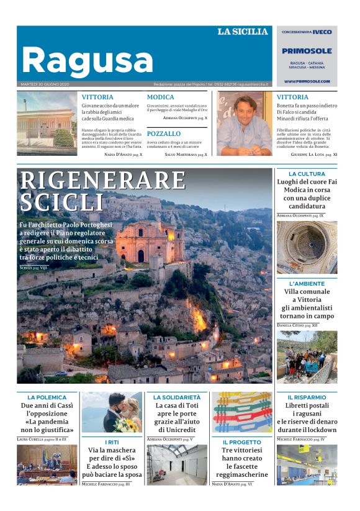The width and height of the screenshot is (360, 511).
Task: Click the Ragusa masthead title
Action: (x=87, y=60)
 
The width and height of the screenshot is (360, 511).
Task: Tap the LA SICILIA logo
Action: (x=243, y=32)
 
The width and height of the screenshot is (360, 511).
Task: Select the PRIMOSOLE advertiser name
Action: (x=307, y=51)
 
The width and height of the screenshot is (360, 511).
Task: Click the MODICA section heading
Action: (x=160, y=97)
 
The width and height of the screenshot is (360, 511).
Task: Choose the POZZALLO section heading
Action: (x=164, y=133)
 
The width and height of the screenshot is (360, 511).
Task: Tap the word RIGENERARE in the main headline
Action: (x=103, y=180)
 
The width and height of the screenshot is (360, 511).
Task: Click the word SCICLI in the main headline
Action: (x=62, y=202)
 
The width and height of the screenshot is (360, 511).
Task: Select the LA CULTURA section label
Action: (x=307, y=174)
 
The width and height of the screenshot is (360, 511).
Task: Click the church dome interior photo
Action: (x=307, y=247)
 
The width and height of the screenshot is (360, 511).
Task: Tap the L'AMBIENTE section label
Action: (x=307, y=283)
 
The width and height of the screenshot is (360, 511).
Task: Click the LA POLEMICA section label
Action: (x=47, y=397)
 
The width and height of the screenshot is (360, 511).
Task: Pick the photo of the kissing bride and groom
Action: (x=112, y=412)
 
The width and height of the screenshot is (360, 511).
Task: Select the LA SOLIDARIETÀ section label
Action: (x=177, y=397)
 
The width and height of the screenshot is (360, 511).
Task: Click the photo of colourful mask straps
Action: (x=242, y=412)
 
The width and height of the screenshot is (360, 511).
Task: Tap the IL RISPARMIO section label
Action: (x=307, y=397)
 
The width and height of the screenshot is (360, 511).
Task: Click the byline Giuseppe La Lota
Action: (x=312, y=153)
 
